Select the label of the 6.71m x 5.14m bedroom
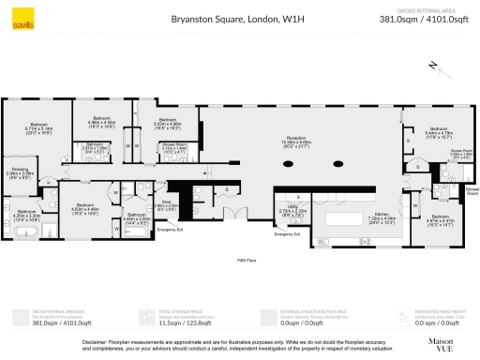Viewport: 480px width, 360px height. [38, 125]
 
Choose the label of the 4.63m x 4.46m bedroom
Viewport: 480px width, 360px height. [85, 206]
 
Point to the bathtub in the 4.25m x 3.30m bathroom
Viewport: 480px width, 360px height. [22, 230]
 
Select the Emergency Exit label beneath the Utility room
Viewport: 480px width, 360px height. [287, 233]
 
